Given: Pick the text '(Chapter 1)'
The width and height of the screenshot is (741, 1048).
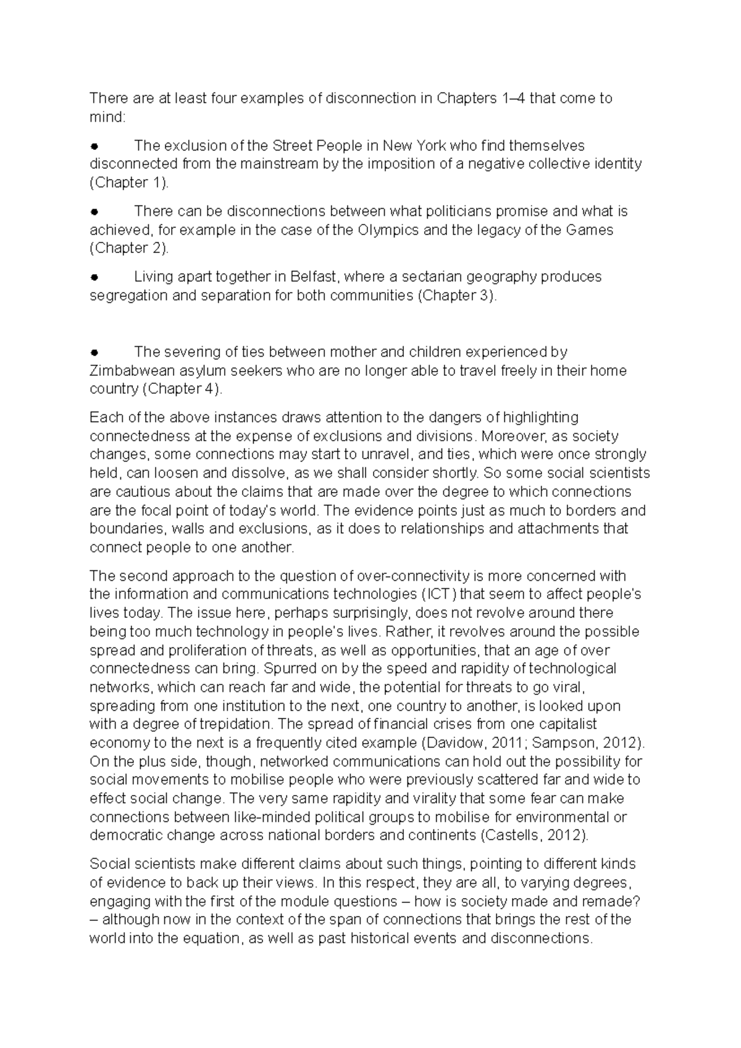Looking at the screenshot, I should [x=128, y=183].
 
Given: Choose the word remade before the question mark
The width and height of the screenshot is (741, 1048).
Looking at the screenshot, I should [x=613, y=900].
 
